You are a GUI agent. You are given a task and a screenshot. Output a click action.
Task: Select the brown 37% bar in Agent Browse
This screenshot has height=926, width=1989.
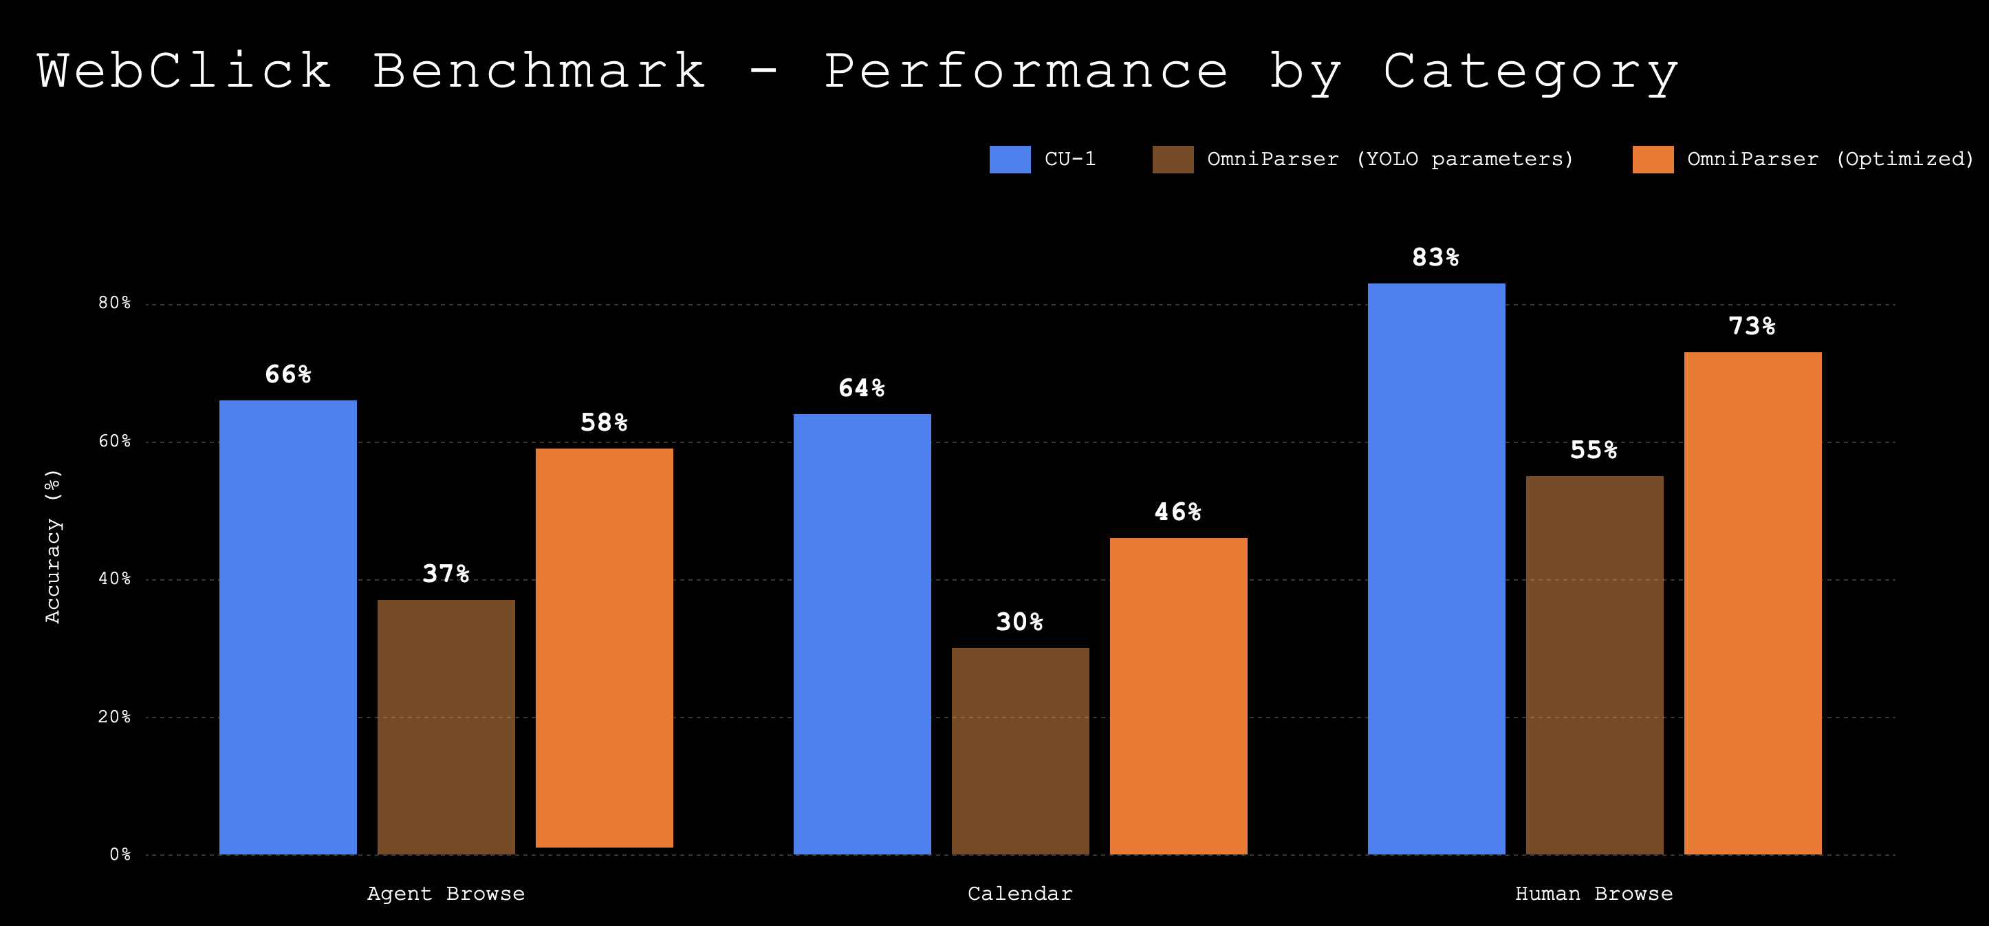coord(446,726)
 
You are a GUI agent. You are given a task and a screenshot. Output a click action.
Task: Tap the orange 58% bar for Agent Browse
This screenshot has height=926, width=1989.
coord(605,648)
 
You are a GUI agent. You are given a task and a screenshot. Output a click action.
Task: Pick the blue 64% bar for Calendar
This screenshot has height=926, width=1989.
coord(862,634)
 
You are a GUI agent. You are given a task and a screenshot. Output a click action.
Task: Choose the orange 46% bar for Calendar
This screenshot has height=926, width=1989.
coord(1178,696)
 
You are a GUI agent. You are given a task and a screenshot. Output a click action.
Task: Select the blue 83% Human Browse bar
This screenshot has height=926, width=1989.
coord(1436,568)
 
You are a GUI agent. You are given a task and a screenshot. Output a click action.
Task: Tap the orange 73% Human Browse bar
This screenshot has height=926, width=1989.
coord(1752,603)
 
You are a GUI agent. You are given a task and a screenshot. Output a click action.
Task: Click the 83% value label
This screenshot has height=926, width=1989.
coord(1435,257)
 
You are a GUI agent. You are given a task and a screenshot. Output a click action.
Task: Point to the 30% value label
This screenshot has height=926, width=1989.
coord(1019,622)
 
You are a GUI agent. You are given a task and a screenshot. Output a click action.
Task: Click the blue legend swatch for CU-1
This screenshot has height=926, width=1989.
coord(1010,159)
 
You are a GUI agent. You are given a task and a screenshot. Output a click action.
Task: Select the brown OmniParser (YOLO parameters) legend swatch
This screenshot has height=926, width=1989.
coord(1173,159)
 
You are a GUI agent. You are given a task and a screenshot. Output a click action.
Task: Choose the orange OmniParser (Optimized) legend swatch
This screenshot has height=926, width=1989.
coord(1653,159)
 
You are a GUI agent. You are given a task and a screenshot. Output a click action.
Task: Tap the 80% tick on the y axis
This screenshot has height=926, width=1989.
coord(114,303)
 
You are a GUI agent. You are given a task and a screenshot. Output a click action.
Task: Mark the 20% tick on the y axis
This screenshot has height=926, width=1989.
coord(114,717)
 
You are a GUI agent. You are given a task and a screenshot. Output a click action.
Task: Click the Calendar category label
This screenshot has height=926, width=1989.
coord(1020,894)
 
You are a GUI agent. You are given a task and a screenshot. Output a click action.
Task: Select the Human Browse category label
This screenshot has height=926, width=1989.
coord(1594,894)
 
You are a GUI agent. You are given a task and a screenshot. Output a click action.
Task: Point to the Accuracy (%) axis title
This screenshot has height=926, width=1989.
coord(52,546)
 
